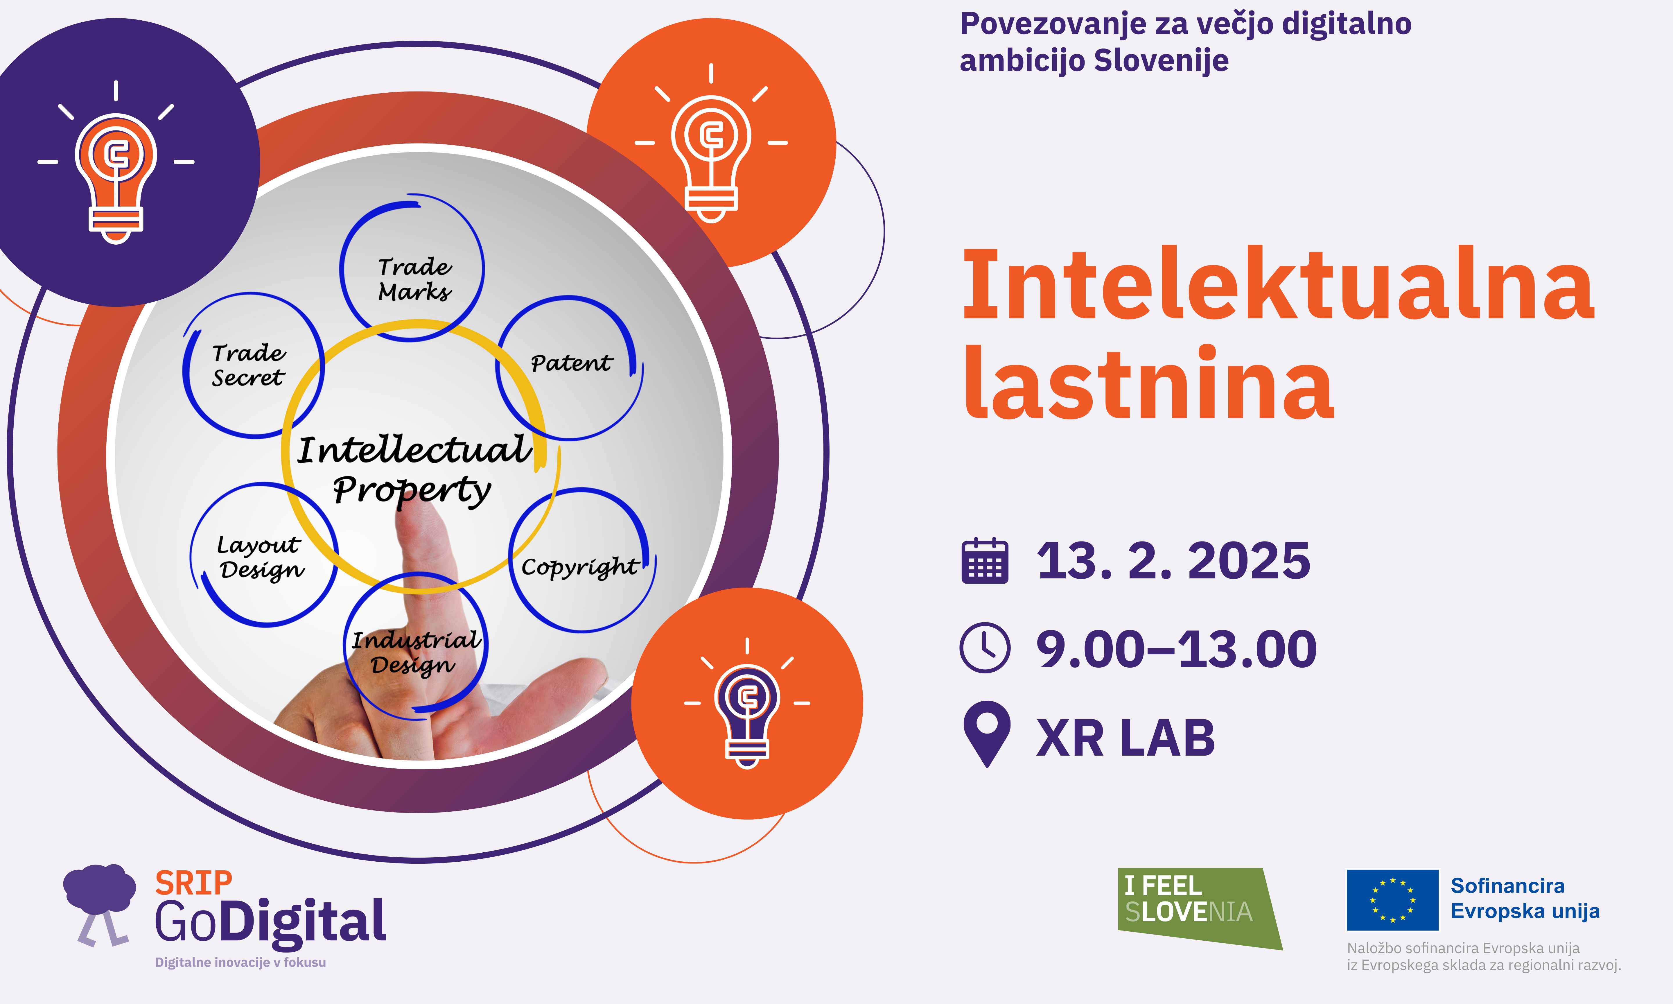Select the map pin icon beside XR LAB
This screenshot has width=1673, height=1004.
[x=987, y=734]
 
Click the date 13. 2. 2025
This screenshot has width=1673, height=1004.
[x=1173, y=561]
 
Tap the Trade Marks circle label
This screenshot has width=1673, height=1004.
[x=414, y=279]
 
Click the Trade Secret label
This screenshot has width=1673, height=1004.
[x=248, y=365]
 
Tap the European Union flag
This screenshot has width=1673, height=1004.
[x=1392, y=900]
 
